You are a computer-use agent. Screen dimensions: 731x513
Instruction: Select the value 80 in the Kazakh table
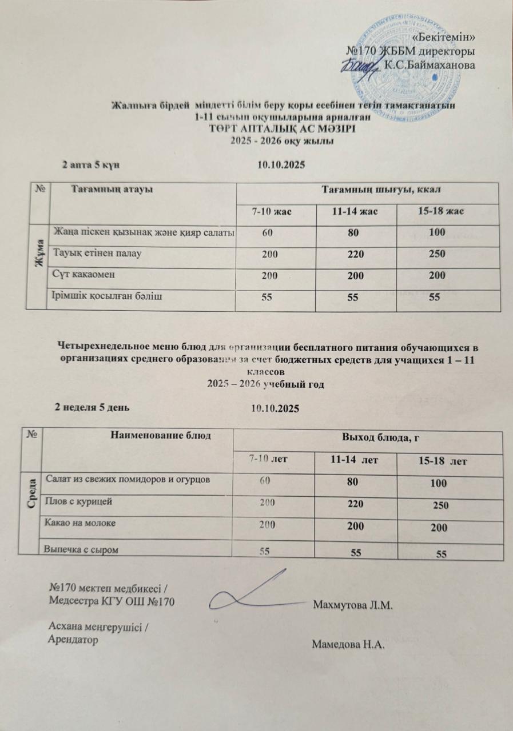[355, 232]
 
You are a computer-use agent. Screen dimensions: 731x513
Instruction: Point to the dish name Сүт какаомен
[83, 274]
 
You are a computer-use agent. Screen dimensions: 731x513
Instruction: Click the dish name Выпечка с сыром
[82, 549]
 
